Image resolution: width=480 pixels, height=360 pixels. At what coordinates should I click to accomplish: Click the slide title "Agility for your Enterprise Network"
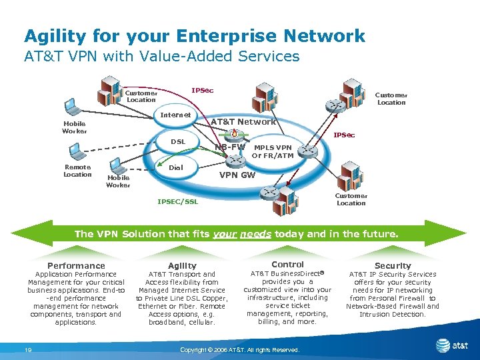tap(194, 35)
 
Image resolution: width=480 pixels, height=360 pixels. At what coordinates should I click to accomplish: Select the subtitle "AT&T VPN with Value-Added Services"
tap(162, 57)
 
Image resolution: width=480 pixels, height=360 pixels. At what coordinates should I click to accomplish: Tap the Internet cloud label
tap(176, 115)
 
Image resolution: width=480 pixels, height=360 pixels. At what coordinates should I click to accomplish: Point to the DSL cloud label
tap(178, 141)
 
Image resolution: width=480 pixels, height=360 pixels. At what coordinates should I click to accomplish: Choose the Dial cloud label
tap(176, 168)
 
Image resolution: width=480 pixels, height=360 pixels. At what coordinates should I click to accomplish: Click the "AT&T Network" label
tap(243, 122)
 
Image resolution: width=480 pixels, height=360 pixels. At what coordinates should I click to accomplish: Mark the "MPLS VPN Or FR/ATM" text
tap(273, 151)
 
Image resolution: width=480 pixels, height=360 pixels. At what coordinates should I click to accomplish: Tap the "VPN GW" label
tap(238, 175)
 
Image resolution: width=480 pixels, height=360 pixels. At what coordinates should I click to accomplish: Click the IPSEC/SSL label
tap(177, 201)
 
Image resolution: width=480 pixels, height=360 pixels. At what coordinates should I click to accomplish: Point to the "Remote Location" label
tap(77, 171)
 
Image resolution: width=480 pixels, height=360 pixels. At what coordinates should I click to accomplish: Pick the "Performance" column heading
tap(76, 265)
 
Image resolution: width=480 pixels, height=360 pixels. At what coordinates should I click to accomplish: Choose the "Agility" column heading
tap(182, 265)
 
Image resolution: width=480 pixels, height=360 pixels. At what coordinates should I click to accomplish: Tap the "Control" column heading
tap(287, 265)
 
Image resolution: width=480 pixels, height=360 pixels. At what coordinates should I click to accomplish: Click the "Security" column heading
tap(393, 265)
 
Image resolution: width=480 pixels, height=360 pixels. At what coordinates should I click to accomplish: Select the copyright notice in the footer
tap(240, 350)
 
